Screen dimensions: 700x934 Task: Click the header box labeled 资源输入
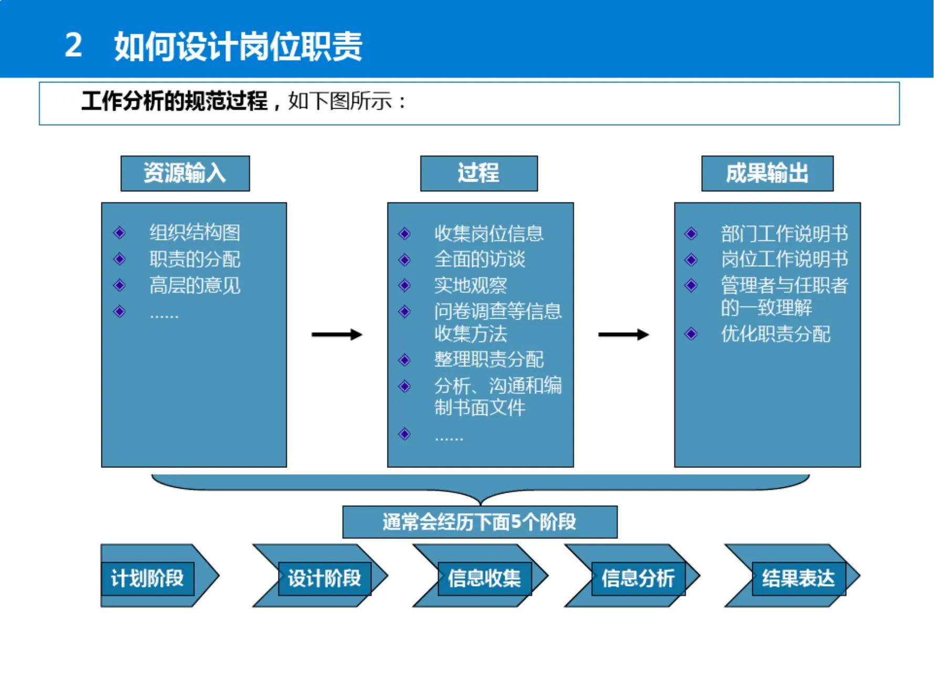(x=185, y=173)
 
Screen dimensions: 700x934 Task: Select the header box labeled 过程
(x=479, y=173)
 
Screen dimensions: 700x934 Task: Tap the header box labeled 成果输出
(x=767, y=173)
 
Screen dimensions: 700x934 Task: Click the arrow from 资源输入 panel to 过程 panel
(x=337, y=335)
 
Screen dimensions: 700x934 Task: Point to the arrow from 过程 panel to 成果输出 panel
(x=624, y=335)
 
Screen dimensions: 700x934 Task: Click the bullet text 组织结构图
(x=195, y=233)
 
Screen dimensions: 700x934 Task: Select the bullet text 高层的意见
(x=195, y=286)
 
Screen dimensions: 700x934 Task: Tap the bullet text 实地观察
(x=471, y=286)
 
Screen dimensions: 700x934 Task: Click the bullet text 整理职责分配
(x=489, y=360)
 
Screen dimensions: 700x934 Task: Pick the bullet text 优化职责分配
(x=775, y=334)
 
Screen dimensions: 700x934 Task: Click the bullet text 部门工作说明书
(x=784, y=234)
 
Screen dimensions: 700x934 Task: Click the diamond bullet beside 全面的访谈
(x=404, y=259)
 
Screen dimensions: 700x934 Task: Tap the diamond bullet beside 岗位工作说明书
(x=691, y=259)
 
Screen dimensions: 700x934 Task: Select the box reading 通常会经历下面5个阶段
(x=480, y=522)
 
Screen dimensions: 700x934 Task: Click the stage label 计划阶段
(x=148, y=579)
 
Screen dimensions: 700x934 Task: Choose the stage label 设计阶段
(x=325, y=579)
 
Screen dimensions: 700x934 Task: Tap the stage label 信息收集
(x=484, y=579)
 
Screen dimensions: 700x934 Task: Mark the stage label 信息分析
(x=638, y=579)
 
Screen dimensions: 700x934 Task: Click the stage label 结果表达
(x=798, y=579)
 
